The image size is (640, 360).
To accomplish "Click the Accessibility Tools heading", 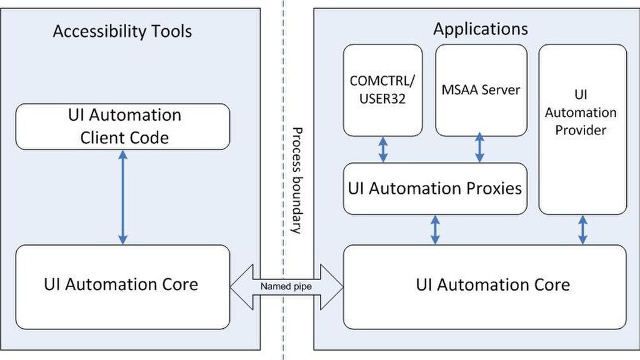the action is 122,31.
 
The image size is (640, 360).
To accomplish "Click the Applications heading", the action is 481,29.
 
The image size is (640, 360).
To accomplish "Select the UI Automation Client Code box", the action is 123,126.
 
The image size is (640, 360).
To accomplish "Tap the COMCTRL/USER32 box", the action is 383,90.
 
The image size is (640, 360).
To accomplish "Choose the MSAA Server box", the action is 481,90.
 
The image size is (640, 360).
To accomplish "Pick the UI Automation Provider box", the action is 583,129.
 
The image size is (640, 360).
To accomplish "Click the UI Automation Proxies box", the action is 435,189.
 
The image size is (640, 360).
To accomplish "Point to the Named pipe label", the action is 286,286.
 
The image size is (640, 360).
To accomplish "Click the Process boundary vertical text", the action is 297,181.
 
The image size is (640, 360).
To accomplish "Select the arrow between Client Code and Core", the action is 123,197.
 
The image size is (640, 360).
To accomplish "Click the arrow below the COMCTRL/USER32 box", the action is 383,150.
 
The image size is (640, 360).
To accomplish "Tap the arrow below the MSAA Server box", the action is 480,147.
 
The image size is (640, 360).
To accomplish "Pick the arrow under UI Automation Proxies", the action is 435,230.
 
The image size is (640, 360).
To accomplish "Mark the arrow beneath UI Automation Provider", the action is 583,230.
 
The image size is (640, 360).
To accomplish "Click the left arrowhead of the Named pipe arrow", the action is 241,287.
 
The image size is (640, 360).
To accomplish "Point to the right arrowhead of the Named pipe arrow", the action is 332,287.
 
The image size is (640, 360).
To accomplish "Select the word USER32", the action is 382,99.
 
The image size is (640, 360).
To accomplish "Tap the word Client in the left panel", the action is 99,138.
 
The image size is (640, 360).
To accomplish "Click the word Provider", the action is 581,131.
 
